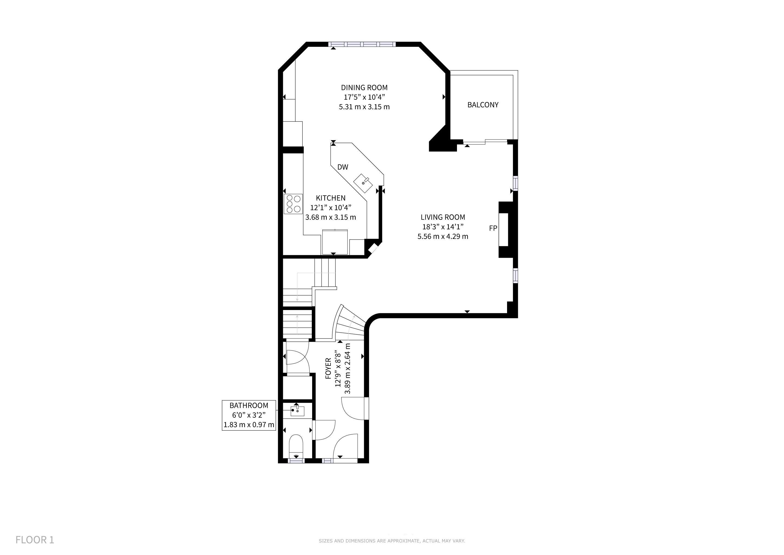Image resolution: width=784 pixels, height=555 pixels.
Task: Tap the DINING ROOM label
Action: click(364, 88)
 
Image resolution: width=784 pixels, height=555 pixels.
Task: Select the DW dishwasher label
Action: click(342, 167)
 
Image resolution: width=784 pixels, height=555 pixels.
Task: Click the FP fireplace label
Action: click(493, 228)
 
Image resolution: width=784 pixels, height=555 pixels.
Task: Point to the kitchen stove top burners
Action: click(293, 204)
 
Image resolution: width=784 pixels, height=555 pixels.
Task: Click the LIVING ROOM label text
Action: click(443, 217)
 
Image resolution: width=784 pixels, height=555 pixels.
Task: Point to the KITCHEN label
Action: click(331, 198)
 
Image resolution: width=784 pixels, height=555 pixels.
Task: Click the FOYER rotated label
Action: click(328, 368)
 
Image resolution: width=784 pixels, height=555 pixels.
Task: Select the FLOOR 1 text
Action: click(35, 540)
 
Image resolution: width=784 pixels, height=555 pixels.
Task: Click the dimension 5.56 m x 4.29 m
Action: click(443, 236)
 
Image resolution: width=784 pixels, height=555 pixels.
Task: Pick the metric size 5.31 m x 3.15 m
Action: click(364, 107)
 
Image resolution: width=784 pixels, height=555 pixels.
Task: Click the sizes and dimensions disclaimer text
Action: click(392, 541)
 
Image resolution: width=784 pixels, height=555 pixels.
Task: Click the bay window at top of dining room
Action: click(362, 44)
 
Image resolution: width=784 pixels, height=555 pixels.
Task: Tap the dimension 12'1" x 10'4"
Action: click(331, 207)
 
